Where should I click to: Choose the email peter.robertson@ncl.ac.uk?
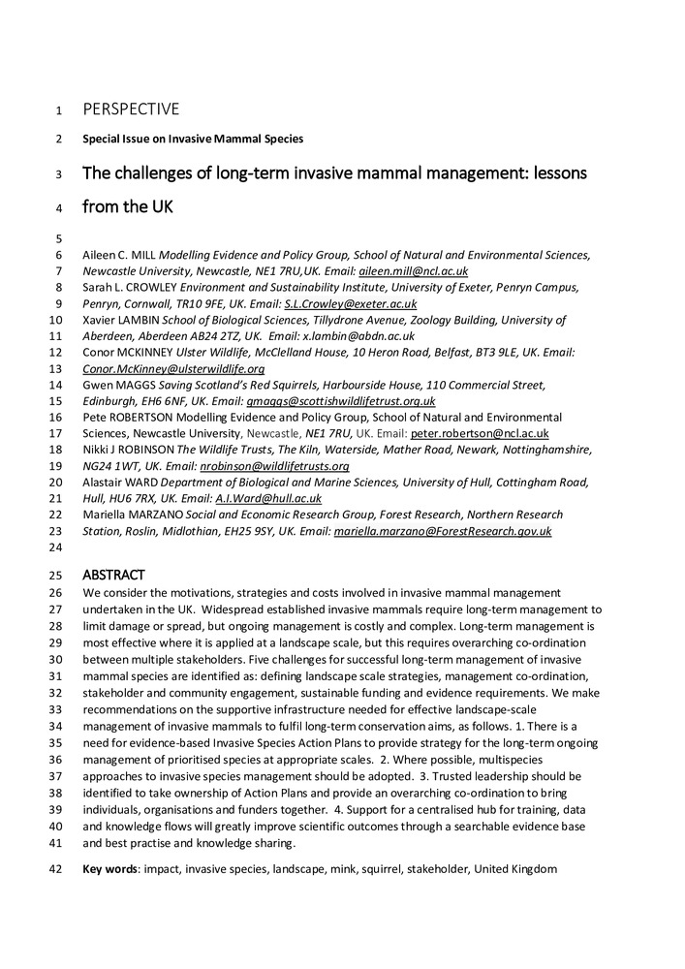tap(480, 433)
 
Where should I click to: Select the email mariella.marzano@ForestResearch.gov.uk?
tap(443, 531)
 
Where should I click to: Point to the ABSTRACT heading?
tap(113, 575)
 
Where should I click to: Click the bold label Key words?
tap(109, 869)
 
